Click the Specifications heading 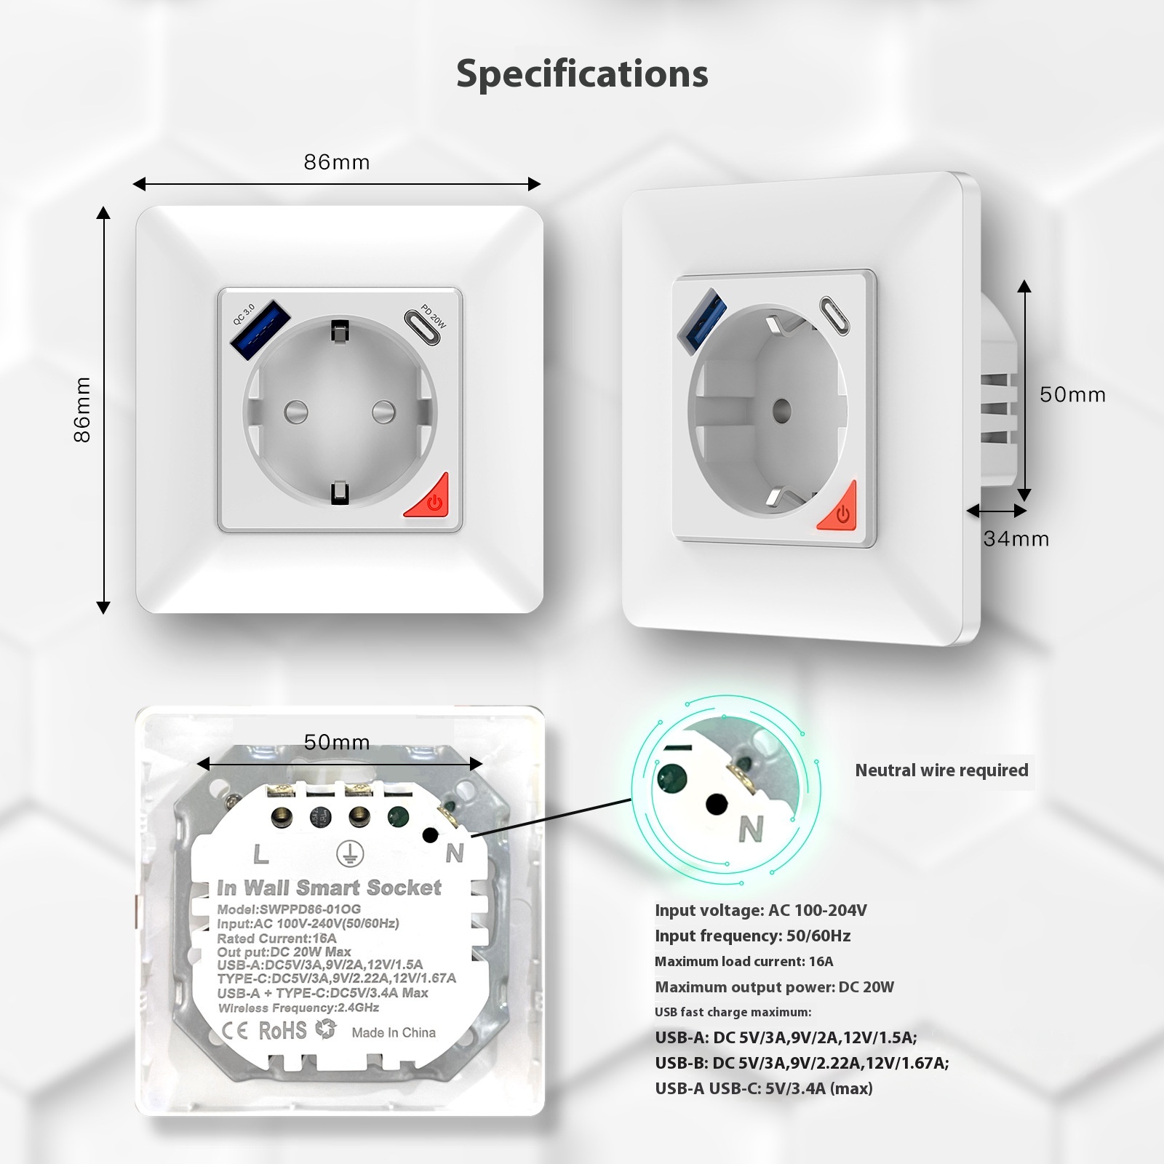coord(582,73)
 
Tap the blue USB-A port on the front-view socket coord(261,322)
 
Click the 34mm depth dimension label coord(1016,539)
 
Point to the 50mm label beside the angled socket coord(1072,394)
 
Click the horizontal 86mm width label coord(337,162)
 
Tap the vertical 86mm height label coord(82,410)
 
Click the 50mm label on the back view coord(337,742)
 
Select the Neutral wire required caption coord(941,770)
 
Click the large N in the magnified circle coord(751,829)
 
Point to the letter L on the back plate coord(260,853)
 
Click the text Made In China coord(394,1032)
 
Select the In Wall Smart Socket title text coord(329,888)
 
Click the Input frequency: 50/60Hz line coord(752,936)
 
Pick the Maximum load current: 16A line coord(744,962)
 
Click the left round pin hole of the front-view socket coord(296,412)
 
